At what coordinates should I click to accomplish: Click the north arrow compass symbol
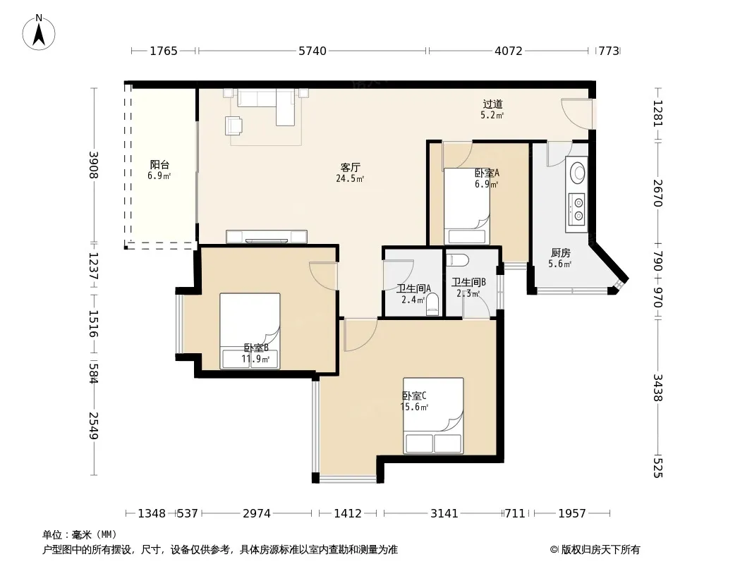[x=39, y=32]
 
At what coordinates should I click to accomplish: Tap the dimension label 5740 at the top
[x=313, y=51]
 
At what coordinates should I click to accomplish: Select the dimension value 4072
[x=509, y=51]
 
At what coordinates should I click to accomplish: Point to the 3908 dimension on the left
[x=94, y=165]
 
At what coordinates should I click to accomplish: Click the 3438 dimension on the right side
[x=657, y=388]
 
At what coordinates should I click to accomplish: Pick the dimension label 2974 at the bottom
[x=257, y=514]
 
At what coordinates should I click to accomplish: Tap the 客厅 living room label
[x=350, y=167]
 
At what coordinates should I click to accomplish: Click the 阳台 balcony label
[x=159, y=165]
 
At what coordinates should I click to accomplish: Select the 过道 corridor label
[x=492, y=104]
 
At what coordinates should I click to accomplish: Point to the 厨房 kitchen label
[x=560, y=252]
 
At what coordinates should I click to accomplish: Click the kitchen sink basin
[x=577, y=172]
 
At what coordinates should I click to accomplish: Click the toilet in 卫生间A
[x=432, y=305]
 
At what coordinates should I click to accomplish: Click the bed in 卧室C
[x=433, y=415]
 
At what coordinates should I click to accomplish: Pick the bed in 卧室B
[x=250, y=331]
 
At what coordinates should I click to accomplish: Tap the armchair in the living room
[x=234, y=125]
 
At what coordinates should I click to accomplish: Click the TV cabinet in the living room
[x=267, y=237]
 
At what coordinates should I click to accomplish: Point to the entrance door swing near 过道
[x=577, y=114]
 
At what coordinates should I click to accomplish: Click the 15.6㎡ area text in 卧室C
[x=414, y=407]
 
